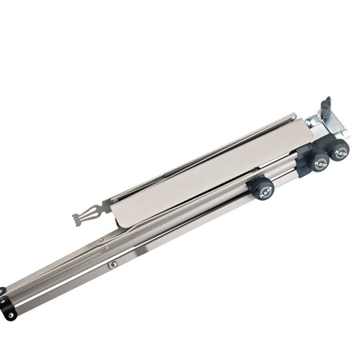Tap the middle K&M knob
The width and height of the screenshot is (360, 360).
point(318,162)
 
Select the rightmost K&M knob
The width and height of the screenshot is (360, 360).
point(339,151)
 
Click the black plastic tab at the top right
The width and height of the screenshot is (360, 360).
point(326,110)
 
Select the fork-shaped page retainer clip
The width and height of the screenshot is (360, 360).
point(90,214)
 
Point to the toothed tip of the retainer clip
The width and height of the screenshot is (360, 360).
point(78,220)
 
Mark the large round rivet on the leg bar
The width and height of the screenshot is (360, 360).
point(112,265)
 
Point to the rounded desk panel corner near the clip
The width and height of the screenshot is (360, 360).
point(117,221)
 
